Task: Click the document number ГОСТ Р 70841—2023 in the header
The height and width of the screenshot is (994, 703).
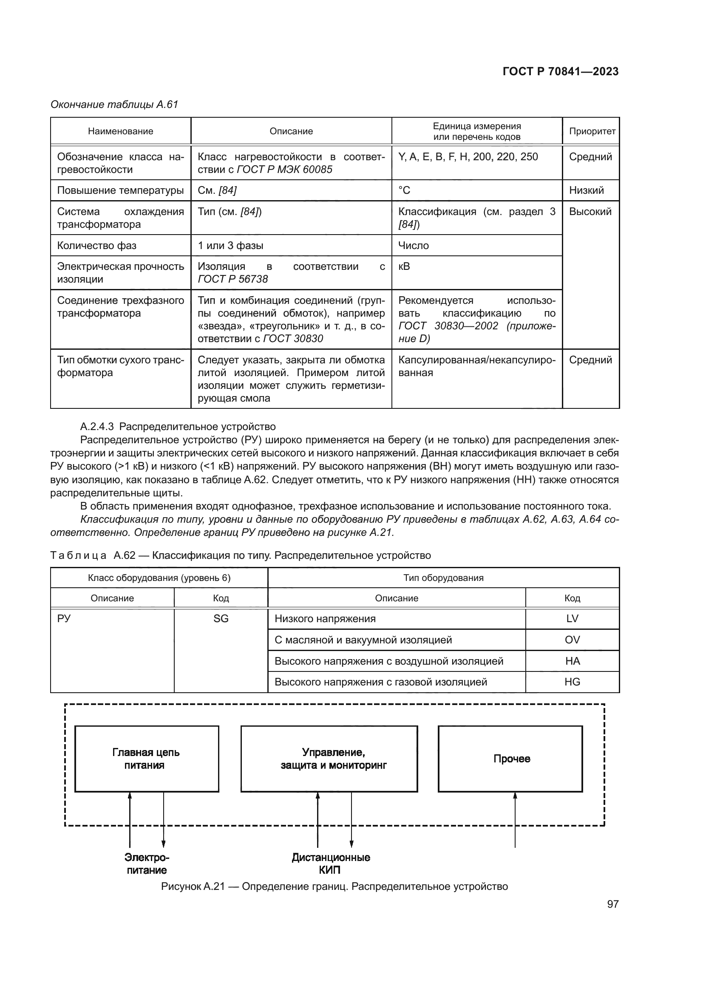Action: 560,72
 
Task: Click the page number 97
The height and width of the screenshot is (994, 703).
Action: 612,904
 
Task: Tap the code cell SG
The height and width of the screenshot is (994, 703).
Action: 221,619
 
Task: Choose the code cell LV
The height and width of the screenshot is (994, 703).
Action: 572,619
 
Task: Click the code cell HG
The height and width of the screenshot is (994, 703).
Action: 572,682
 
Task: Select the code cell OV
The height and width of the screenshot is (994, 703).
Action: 572,640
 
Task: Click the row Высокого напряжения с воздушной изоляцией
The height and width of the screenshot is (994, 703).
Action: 389,661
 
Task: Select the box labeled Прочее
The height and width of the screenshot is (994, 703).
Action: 510,759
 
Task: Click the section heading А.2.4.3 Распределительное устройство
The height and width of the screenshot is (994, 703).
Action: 178,427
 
